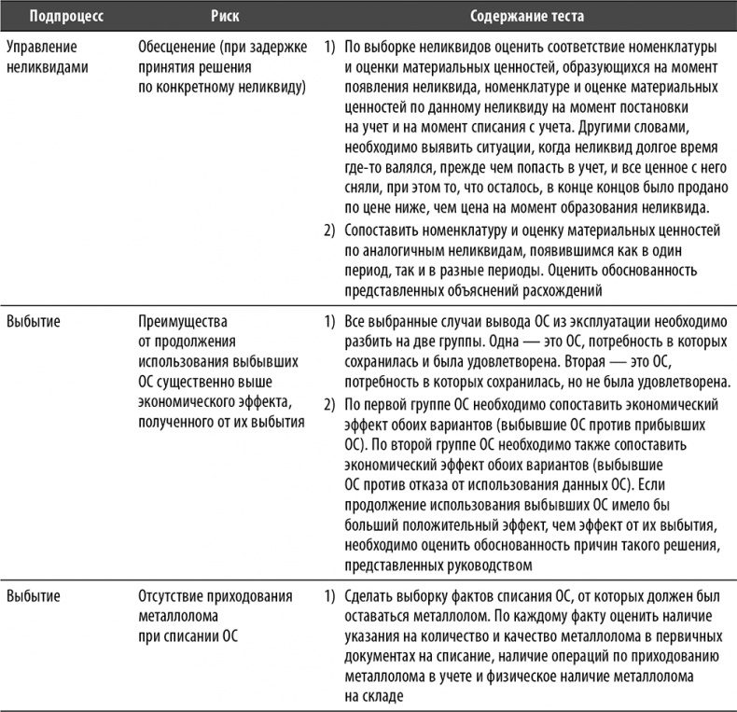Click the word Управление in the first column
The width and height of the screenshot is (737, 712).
[42, 46]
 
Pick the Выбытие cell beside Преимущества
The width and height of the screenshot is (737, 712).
[34, 322]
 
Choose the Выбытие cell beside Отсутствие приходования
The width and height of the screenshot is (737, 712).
[34, 594]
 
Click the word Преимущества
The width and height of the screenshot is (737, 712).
[181, 322]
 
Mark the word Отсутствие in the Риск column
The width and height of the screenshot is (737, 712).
[174, 594]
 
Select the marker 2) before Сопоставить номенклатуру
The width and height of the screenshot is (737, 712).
[329, 229]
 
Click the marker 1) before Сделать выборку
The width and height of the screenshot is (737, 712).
[329, 594]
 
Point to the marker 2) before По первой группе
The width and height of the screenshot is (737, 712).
[329, 403]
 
